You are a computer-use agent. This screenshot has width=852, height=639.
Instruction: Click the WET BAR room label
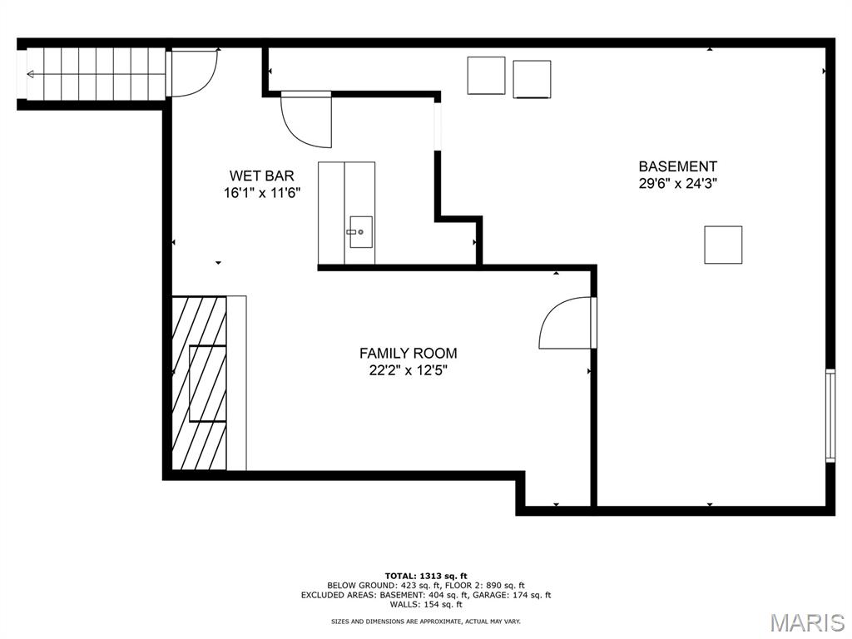coord(261,176)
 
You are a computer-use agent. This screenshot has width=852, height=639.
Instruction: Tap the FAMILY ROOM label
coord(408,353)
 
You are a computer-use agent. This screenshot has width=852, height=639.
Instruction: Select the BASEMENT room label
coord(677,166)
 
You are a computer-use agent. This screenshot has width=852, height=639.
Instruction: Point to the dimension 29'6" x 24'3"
coord(677,184)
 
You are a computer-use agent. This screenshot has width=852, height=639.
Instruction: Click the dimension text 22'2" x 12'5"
coord(408,370)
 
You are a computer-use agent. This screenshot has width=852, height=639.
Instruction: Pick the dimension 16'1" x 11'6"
coord(262,193)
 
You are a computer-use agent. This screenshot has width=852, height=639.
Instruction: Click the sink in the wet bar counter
coord(360,232)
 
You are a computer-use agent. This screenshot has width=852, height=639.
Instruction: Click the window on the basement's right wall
coord(830,415)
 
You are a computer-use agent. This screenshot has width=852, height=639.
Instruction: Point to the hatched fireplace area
coord(199,383)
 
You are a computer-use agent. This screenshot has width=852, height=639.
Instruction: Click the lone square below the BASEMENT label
coord(723,245)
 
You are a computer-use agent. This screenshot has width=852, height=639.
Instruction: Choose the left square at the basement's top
coord(486,76)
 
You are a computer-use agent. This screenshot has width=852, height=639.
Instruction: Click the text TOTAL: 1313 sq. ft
coord(426,576)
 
